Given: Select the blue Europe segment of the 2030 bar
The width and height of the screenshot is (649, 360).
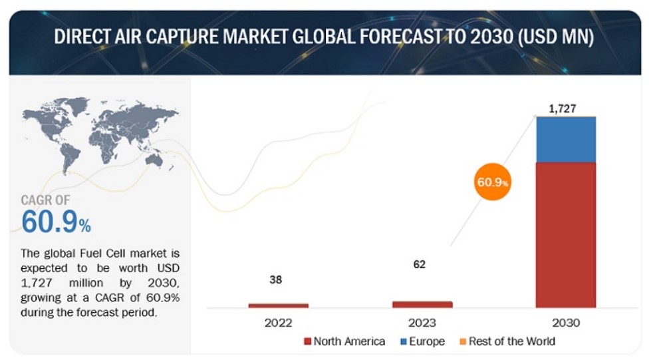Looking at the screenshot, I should pyautogui.click(x=565, y=139).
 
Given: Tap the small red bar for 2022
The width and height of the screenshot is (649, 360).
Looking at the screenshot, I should pyautogui.click(x=278, y=305).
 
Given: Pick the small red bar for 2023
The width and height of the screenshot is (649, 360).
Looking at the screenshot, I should pyautogui.click(x=422, y=304).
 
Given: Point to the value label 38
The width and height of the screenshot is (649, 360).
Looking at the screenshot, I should pyautogui.click(x=275, y=279).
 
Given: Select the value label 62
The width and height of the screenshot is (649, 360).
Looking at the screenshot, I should pyautogui.click(x=419, y=264).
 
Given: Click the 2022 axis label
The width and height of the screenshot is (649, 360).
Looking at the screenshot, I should pyautogui.click(x=278, y=323).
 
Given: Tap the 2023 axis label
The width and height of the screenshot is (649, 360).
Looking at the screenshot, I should pyautogui.click(x=422, y=323).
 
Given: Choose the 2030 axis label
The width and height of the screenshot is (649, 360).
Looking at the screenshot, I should pyautogui.click(x=565, y=323).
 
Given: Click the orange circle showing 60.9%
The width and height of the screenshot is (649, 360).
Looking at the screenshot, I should pyautogui.click(x=493, y=181).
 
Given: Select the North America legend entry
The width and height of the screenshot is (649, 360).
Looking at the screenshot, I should pyautogui.click(x=344, y=341).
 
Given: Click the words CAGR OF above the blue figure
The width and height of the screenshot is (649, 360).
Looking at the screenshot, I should pyautogui.click(x=45, y=200).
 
